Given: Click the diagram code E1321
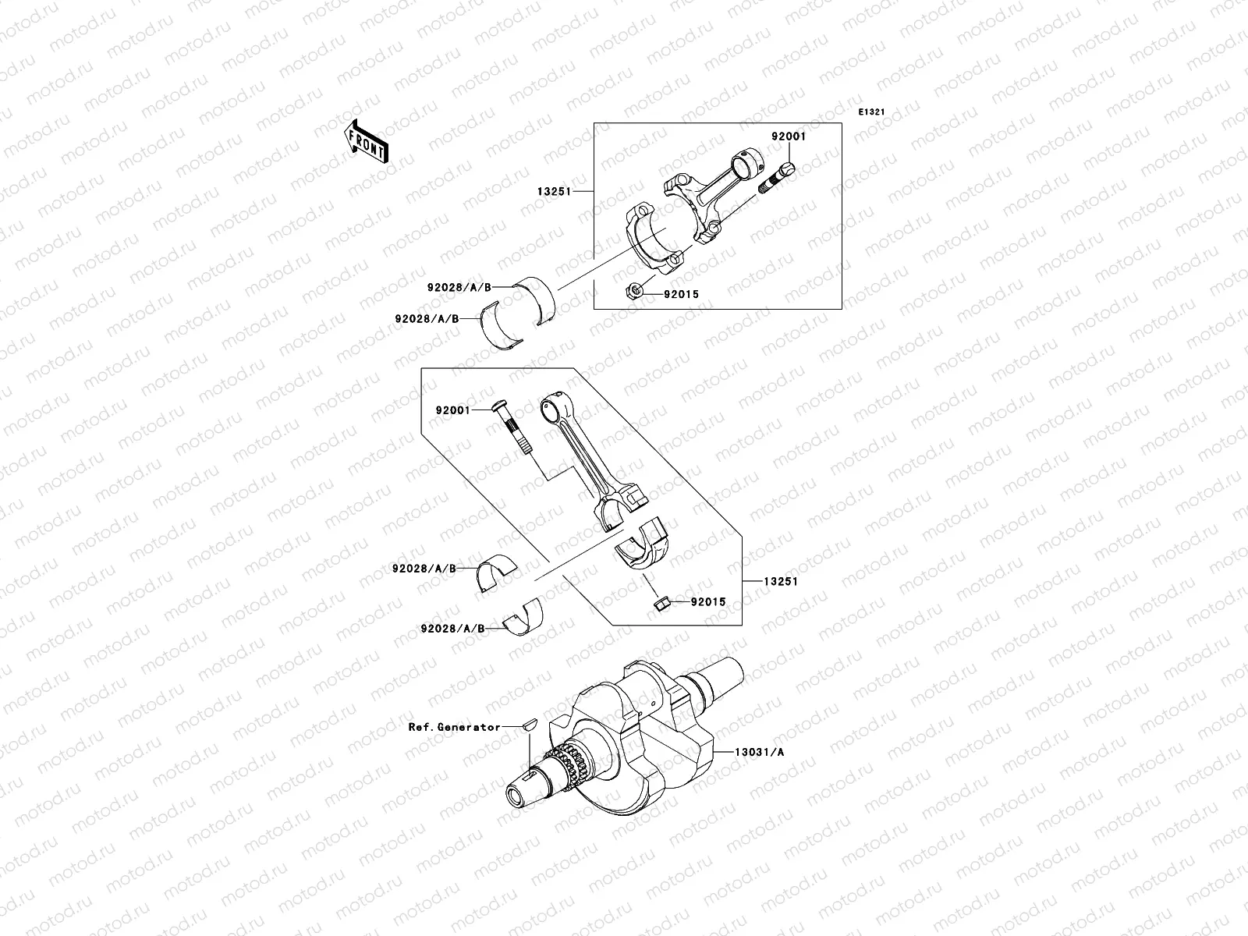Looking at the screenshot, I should point(871,112).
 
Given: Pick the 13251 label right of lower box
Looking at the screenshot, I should point(781,581).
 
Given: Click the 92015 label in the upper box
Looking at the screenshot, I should point(681,294).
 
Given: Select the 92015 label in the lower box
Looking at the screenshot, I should point(707,601).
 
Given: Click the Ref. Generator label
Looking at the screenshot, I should point(455,726).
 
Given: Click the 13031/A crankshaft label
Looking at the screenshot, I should point(758,752).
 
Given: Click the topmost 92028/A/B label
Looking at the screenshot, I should point(459,286).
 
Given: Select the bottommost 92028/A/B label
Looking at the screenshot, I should point(452,628).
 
